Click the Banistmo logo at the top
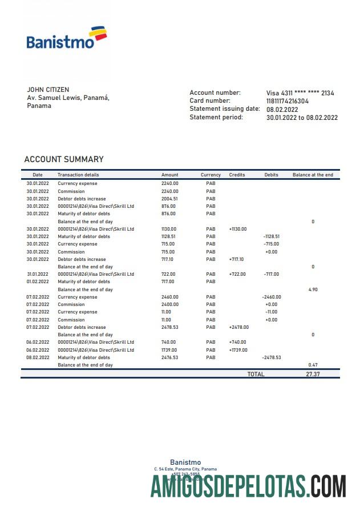tap(66, 38)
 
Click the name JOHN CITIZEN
tap(48, 90)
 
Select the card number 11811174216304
tap(288, 101)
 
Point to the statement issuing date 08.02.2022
tap(282, 109)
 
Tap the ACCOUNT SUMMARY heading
tap(64, 159)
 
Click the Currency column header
tap(211, 175)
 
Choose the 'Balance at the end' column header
tap(313, 175)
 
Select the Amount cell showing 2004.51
tap(169, 199)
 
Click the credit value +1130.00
tap(238, 229)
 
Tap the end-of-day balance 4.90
tap(313, 289)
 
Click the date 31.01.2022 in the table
tap(38, 274)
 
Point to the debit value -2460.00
tap(271, 297)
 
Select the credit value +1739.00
tap(238, 350)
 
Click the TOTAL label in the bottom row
tap(256, 374)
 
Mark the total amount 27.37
tap(313, 374)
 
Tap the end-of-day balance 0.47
tap(313, 365)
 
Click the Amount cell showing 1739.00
tap(169, 350)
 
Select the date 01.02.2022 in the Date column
tap(38, 281)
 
